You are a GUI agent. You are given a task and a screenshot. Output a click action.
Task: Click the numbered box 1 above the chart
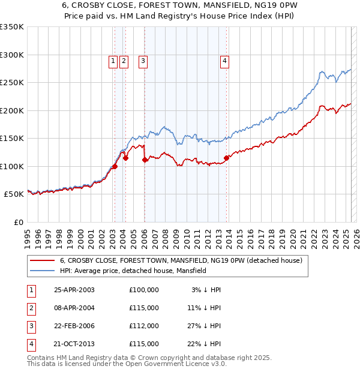(113, 60)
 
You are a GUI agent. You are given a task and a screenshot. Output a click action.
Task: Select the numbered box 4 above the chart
(224, 60)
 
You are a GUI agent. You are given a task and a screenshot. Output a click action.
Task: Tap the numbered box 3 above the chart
(143, 60)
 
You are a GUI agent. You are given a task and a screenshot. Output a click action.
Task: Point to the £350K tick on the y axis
(12, 27)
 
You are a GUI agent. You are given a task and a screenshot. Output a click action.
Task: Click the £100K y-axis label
(12, 166)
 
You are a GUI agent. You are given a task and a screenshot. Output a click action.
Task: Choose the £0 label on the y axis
(18, 222)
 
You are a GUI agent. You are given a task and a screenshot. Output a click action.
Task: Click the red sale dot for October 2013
(227, 158)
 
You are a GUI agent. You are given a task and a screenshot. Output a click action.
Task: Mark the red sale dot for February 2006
(145, 160)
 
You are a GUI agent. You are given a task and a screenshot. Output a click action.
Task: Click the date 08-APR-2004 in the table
(74, 308)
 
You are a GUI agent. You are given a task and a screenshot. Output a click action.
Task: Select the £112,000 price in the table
(144, 326)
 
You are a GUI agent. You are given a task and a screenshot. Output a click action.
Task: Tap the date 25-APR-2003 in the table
(74, 290)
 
